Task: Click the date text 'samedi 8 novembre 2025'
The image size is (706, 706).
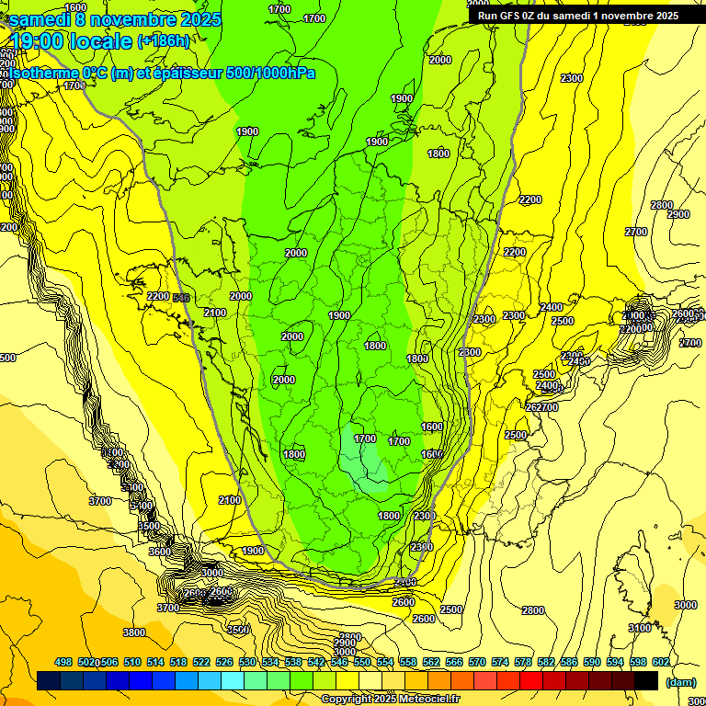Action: point(114,18)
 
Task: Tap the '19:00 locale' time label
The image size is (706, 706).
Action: point(72,40)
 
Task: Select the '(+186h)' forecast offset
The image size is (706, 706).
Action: point(164,40)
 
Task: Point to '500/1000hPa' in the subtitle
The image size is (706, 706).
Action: point(270,73)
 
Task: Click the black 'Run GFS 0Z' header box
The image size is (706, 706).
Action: point(577,15)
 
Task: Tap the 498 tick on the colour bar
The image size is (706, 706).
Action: point(63,662)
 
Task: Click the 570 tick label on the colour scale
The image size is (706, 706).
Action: point(476,662)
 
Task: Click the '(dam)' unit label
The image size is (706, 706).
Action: point(680,681)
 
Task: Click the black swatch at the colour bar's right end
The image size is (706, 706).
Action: point(646,680)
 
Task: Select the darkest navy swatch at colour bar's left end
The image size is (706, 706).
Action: point(50,680)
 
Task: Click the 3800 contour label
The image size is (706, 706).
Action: point(134,632)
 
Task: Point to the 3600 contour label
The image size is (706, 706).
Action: point(159,552)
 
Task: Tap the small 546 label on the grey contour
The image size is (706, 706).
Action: point(180,297)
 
